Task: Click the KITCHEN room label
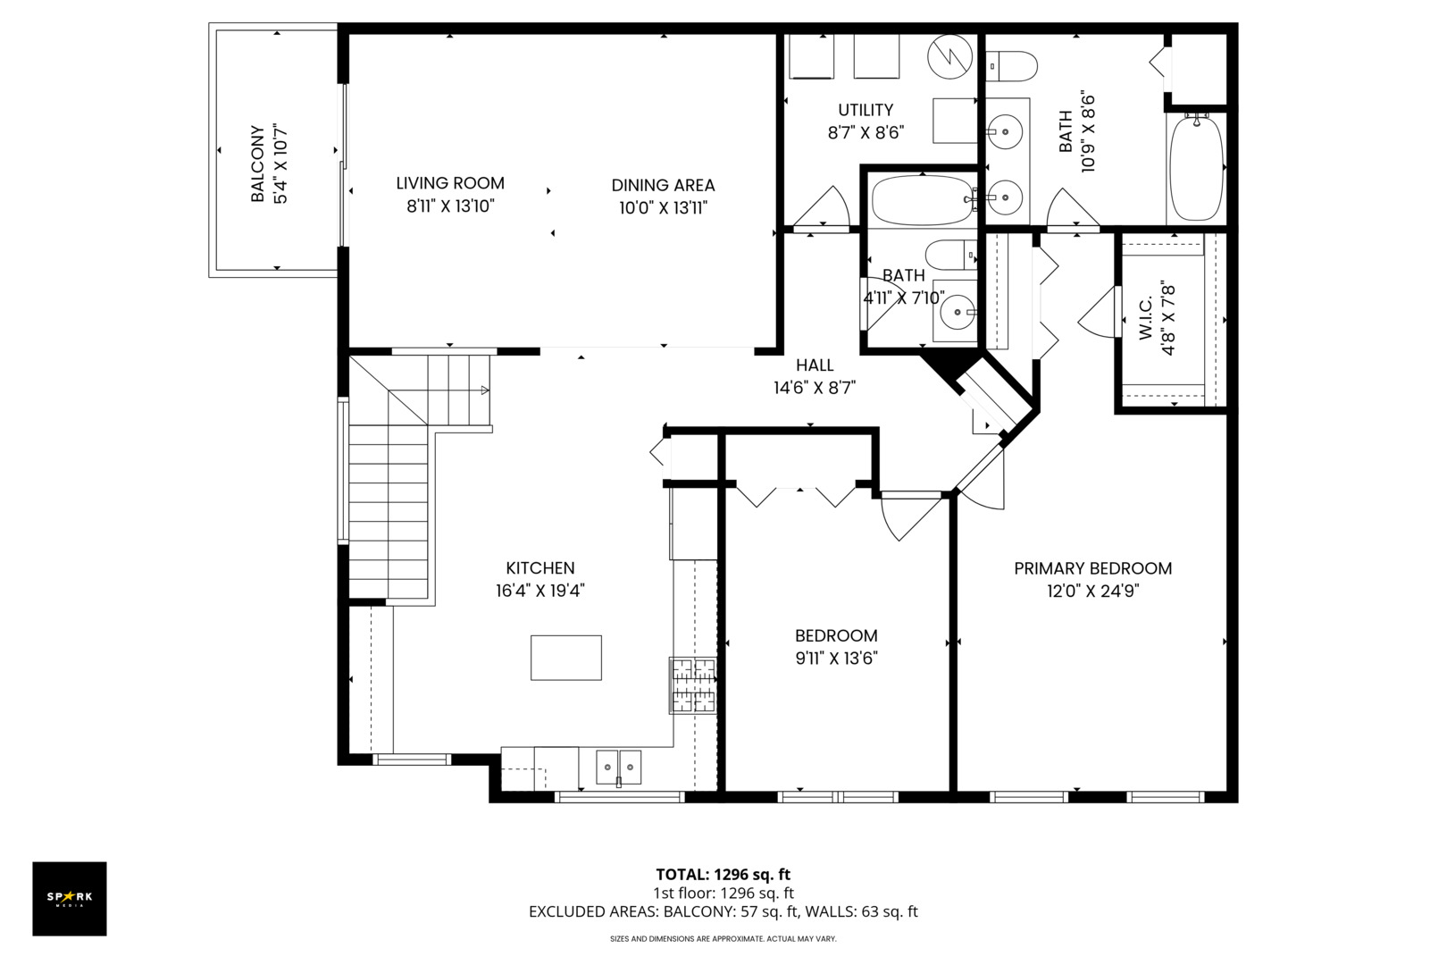coord(540,568)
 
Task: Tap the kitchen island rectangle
coord(566,658)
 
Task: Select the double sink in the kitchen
coord(618,768)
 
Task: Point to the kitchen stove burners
coord(692,685)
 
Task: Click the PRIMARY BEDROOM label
coord(1093,569)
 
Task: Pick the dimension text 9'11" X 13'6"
coord(837,659)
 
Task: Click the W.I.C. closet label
coord(1145,318)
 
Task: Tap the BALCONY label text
coord(258,164)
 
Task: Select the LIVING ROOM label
coord(450,183)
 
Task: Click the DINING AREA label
coord(664,186)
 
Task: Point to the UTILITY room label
coord(866,110)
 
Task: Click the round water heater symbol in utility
coord(950,56)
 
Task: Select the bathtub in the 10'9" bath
coord(1197,167)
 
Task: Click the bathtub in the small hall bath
coord(922,200)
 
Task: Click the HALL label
coord(815,365)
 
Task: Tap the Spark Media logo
coord(70,898)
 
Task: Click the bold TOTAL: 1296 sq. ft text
coord(723,875)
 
